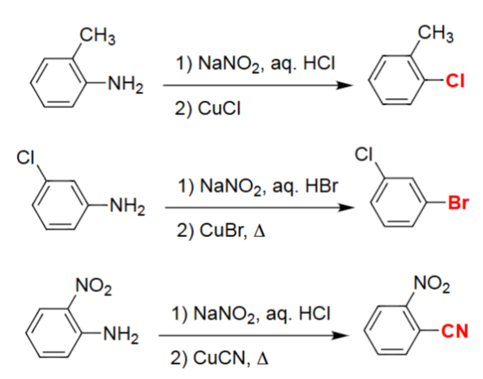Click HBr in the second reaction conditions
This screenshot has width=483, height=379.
point(322,187)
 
